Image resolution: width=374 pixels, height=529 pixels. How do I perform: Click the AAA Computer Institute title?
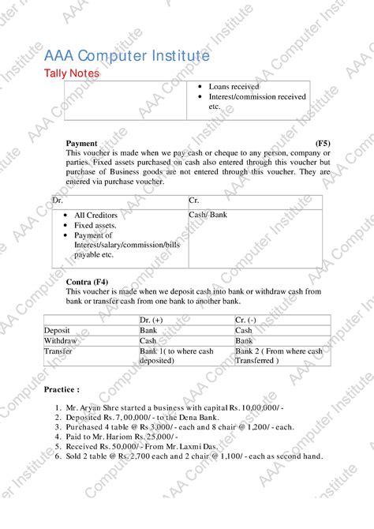126,57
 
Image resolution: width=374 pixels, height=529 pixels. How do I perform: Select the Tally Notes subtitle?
71,73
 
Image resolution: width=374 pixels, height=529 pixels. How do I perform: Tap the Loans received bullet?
234,87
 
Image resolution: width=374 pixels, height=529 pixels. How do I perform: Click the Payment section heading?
82,143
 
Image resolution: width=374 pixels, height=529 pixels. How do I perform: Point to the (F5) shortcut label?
323,143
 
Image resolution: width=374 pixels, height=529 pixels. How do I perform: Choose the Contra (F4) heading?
87,282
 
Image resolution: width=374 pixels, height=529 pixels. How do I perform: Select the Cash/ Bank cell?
208,215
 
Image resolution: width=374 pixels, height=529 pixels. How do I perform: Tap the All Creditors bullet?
95,215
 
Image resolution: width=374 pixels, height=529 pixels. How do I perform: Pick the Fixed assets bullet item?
95,225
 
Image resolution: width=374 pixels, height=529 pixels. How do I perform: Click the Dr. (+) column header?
153,320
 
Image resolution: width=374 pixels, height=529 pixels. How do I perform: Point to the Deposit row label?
57,330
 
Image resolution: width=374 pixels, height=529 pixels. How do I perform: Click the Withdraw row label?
60,340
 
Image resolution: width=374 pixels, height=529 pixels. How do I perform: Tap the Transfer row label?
58,351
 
